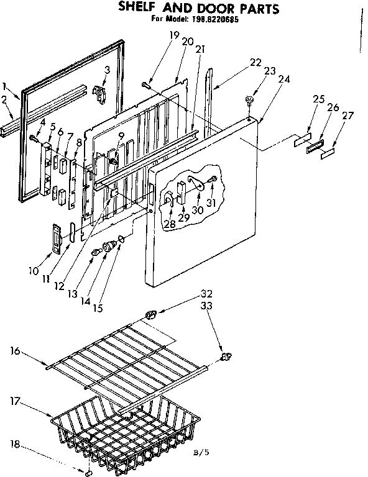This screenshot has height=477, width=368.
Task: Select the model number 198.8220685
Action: (216, 19)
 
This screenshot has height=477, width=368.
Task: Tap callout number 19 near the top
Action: (173, 36)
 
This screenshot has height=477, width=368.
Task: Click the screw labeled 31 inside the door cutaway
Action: (211, 181)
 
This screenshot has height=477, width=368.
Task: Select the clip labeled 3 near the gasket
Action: (98, 92)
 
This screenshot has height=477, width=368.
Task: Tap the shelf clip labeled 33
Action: (226, 357)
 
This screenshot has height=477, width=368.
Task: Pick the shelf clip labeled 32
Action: (150, 315)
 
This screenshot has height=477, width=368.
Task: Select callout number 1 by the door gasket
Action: (6, 86)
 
